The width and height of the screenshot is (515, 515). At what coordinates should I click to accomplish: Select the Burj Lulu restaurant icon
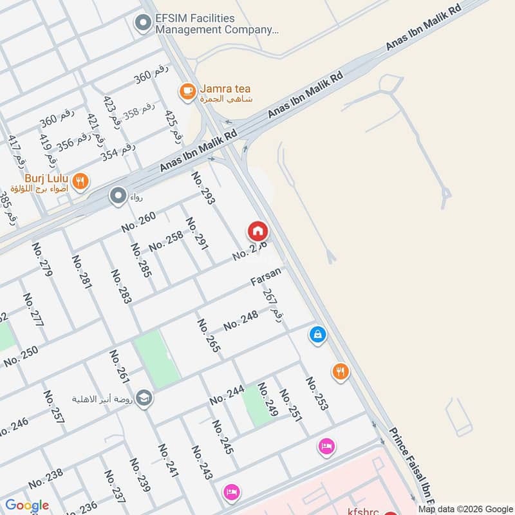point(80,182)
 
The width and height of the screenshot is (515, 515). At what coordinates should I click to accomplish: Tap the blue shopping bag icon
point(317,335)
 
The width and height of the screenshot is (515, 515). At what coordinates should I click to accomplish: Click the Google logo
point(27,505)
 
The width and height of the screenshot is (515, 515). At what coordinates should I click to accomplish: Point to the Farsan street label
point(267,277)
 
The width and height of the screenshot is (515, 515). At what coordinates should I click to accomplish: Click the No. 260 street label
point(138,222)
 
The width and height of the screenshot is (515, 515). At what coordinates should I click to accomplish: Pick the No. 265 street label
point(209,335)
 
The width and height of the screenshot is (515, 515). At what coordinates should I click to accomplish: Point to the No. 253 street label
point(317,393)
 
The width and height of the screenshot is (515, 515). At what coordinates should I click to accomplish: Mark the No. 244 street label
point(227,395)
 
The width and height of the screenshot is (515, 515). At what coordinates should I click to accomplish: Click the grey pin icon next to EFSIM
point(142,24)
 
